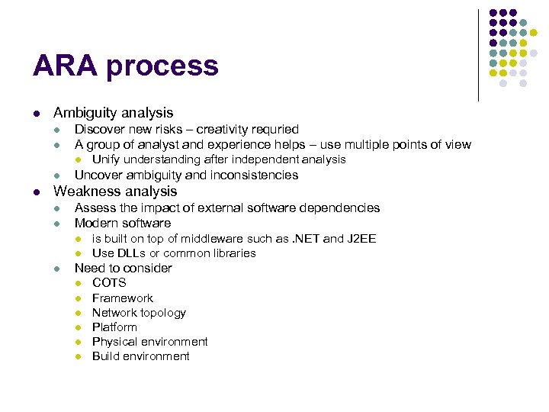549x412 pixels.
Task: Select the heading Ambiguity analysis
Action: point(113,112)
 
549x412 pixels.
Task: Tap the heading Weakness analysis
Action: point(115,191)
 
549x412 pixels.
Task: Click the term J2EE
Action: point(361,238)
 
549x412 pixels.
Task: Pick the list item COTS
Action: point(109,282)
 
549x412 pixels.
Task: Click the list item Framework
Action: point(123,298)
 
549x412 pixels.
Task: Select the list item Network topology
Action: point(139,312)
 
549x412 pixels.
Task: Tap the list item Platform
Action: point(114,327)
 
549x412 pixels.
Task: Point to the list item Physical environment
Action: point(149,341)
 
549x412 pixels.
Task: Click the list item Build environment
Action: point(140,356)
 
